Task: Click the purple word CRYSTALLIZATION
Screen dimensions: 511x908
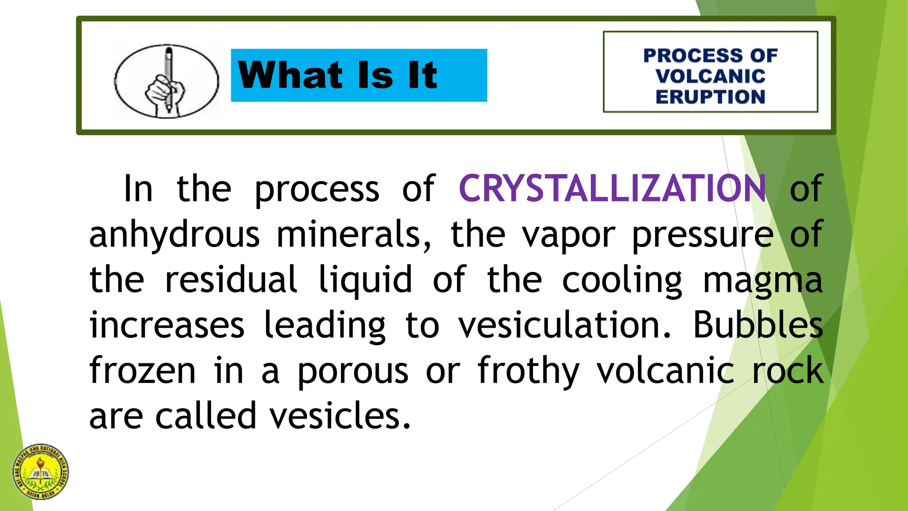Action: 612,189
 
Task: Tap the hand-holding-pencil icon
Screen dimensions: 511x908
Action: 166,82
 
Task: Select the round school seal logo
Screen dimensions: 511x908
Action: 41,472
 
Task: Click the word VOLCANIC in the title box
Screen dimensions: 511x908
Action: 710,76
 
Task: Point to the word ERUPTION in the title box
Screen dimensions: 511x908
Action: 710,97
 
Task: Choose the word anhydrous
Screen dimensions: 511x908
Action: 174,235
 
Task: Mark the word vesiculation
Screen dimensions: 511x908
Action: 564,325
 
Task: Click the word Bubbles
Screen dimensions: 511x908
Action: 758,325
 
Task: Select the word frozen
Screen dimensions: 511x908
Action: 142,370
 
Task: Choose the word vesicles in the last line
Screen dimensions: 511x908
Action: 340,416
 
